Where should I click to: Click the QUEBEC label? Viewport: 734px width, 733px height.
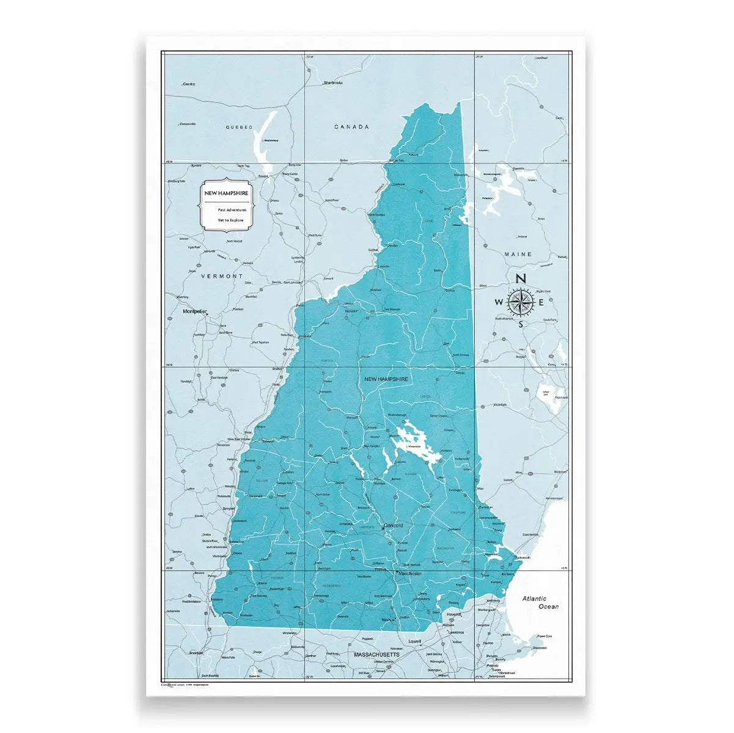238,127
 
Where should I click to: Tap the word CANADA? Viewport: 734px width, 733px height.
351,127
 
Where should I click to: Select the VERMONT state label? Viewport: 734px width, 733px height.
222,276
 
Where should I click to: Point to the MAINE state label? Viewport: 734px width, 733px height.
518,254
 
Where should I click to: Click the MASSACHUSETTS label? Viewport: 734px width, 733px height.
376,654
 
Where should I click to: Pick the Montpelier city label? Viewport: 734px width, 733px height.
195,312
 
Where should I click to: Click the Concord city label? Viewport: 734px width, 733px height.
394,525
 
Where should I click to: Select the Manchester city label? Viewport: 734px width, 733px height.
409,574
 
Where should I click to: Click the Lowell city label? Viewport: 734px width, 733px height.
416,641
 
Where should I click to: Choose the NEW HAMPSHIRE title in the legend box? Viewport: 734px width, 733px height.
226,193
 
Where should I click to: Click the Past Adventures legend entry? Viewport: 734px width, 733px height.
232,210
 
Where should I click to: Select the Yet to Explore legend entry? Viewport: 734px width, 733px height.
230,220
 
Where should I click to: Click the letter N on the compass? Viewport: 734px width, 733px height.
521,279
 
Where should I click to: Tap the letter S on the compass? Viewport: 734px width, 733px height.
521,324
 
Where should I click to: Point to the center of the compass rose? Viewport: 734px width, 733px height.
521,301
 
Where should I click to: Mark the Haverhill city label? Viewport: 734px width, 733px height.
453,614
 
